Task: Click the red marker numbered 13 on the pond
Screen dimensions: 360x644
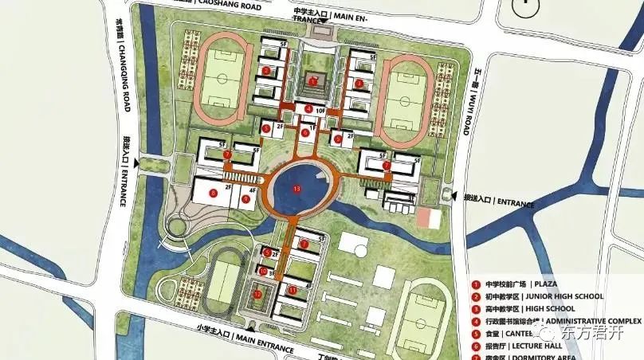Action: [x=297, y=189]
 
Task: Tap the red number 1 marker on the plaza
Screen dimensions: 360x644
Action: [x=314, y=80]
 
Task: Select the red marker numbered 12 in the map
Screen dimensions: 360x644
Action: [x=257, y=294]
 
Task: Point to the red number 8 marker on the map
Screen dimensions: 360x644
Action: [x=213, y=192]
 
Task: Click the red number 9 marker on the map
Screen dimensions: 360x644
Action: [x=246, y=200]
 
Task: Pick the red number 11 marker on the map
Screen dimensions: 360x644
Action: [x=293, y=291]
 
